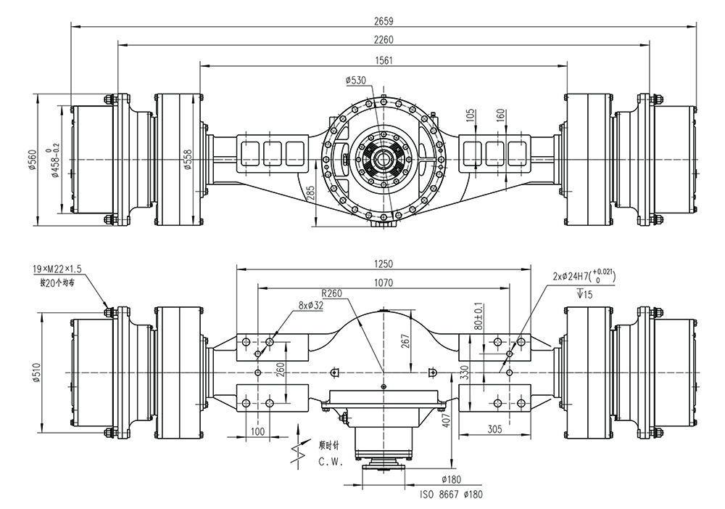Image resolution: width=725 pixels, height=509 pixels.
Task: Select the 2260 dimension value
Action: pyautogui.click(x=385, y=39)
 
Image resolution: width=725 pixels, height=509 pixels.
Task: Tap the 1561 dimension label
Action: pyautogui.click(x=385, y=60)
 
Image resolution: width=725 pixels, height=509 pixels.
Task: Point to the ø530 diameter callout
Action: pyautogui.click(x=356, y=80)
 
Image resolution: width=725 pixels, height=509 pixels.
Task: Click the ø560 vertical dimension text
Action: pyautogui.click(x=33, y=159)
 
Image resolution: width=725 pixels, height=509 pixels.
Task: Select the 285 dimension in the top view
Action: pyautogui.click(x=310, y=193)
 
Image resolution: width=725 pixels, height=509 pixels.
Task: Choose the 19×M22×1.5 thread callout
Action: pyautogui.click(x=58, y=269)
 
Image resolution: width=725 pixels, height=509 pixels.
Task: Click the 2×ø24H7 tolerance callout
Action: pyautogui.click(x=582, y=277)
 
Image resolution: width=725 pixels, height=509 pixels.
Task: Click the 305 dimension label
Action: pyautogui.click(x=494, y=429)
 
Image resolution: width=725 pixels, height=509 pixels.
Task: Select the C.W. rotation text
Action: pyautogui.click(x=331, y=461)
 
